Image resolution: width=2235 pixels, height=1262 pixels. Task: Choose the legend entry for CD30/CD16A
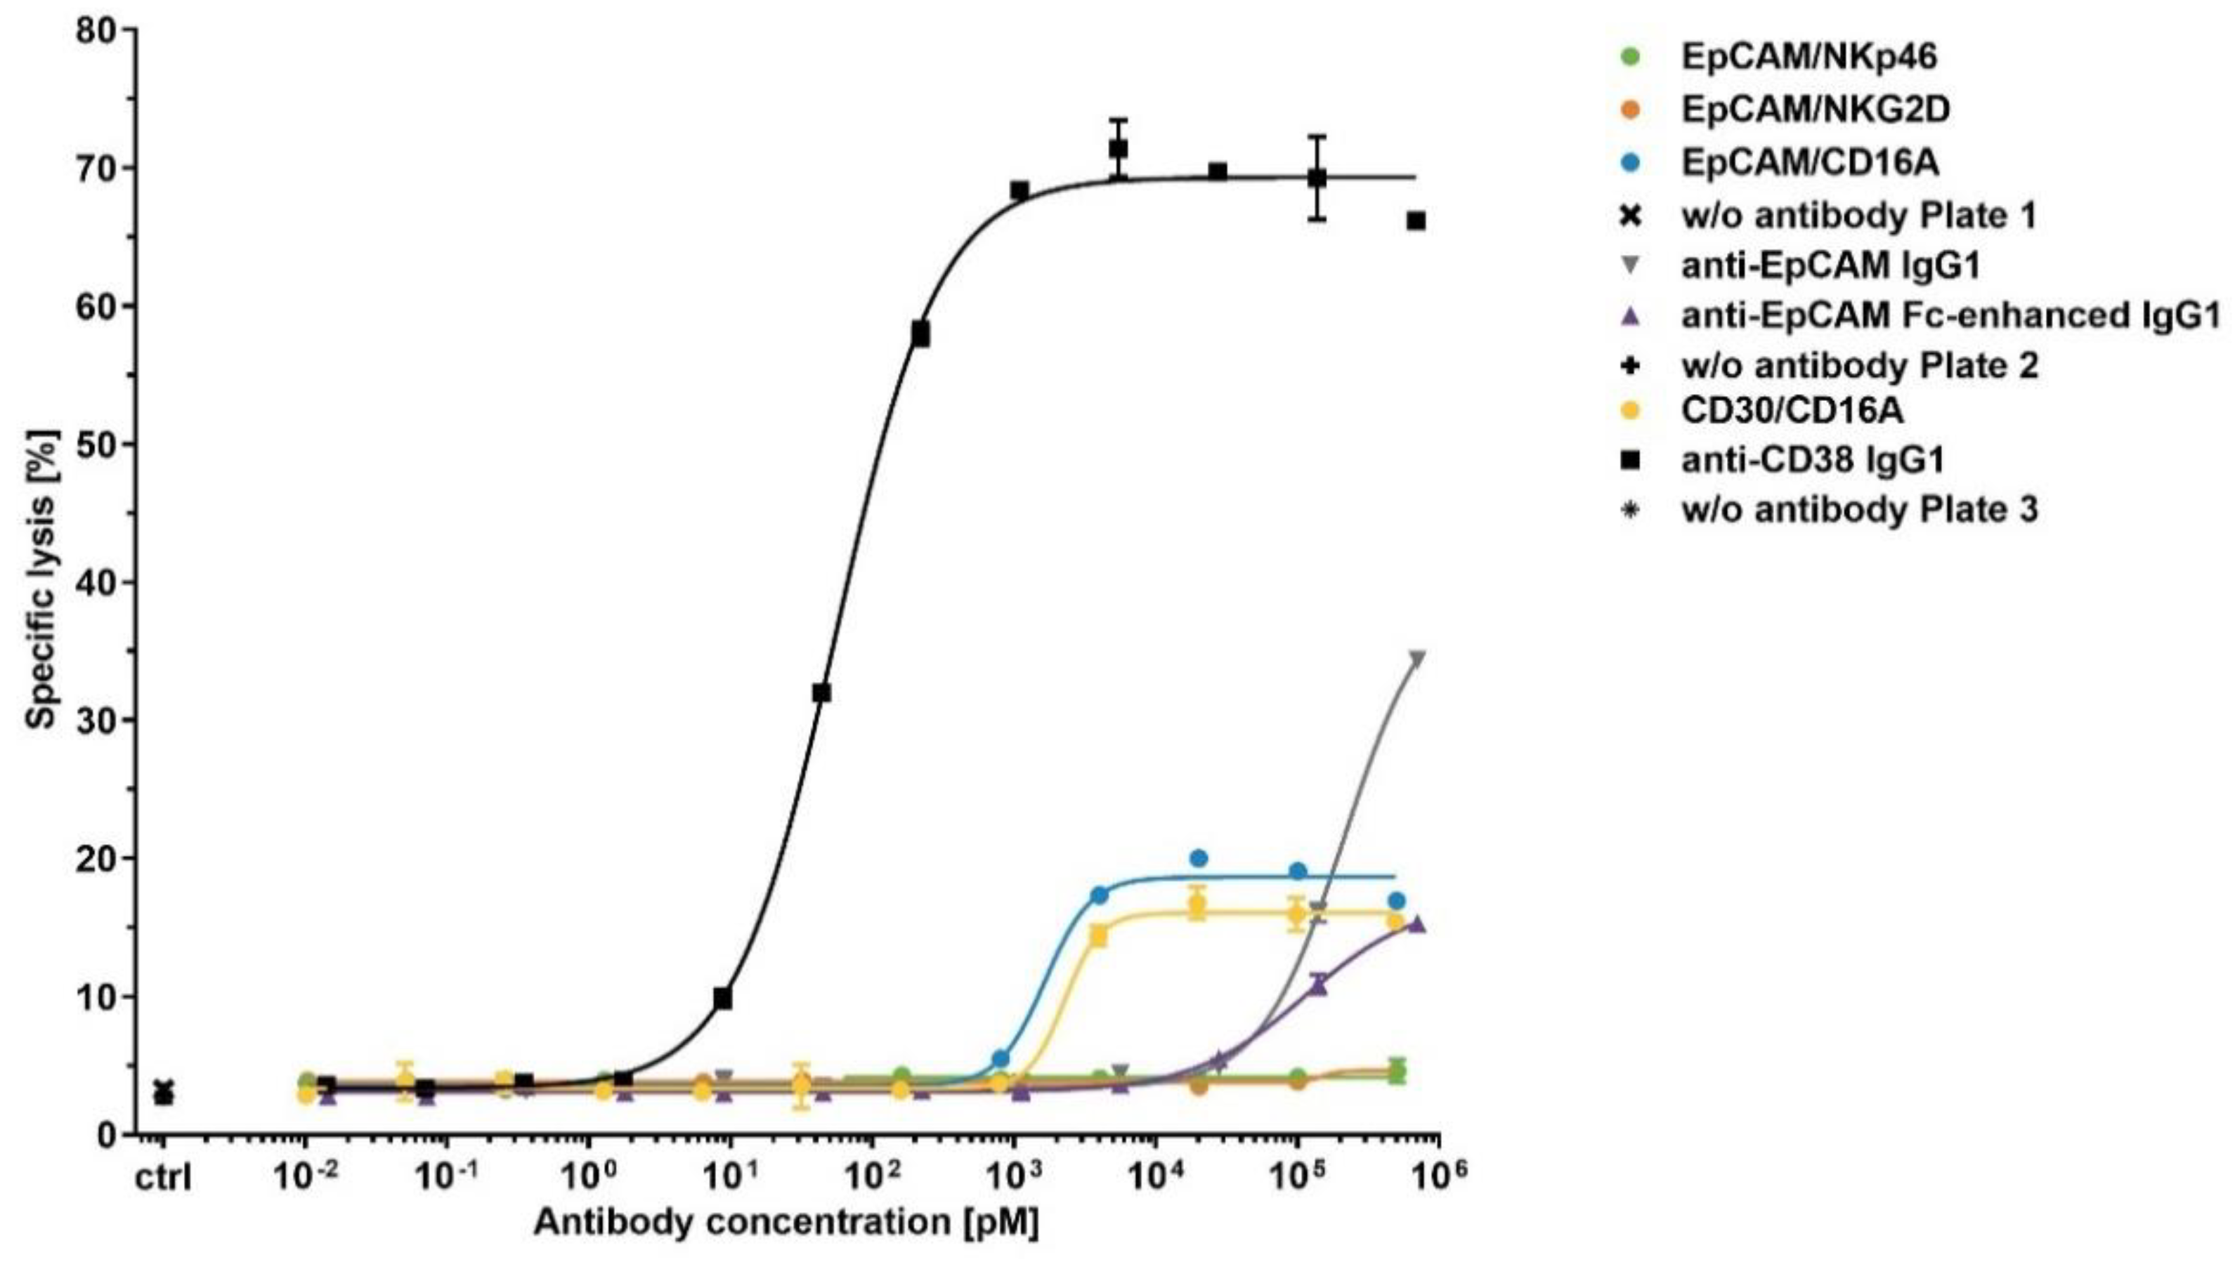point(1792,409)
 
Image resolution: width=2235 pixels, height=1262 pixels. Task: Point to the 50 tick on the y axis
point(93,444)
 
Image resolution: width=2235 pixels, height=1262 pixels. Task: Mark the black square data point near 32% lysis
point(821,692)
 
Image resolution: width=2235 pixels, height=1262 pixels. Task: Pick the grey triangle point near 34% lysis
point(1418,659)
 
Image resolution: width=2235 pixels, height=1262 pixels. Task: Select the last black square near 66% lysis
point(1416,221)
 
